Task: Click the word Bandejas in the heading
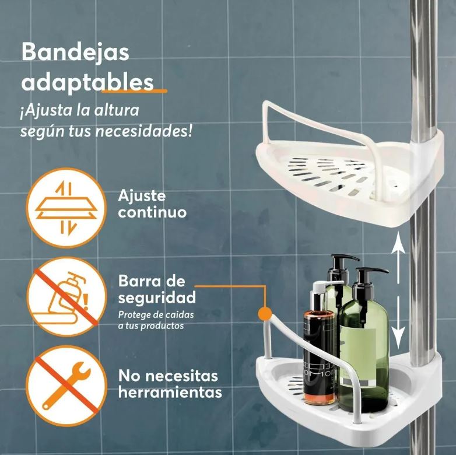click(75, 52)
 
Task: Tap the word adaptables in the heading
click(87, 82)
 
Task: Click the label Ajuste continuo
click(152, 203)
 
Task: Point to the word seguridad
click(156, 297)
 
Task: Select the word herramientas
click(170, 393)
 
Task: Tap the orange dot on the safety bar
click(265, 313)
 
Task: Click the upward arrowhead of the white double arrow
click(398, 239)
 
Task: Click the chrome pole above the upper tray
click(424, 58)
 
